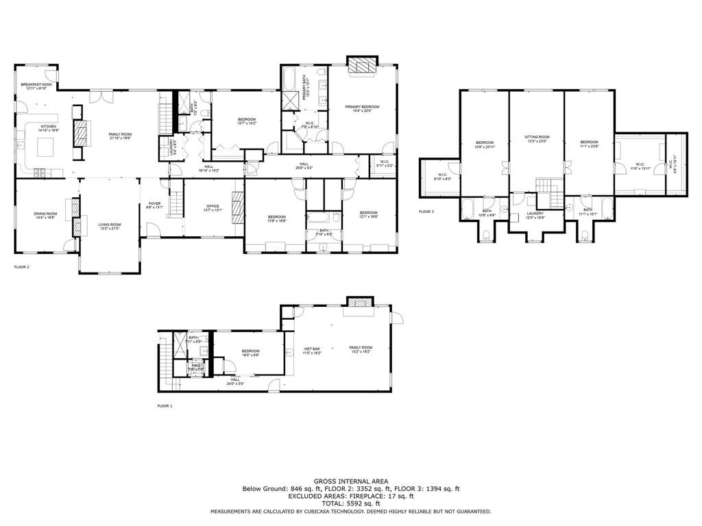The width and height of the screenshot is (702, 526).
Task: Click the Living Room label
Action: (x=110, y=226)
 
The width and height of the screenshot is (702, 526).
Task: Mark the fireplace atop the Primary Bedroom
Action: (x=361, y=65)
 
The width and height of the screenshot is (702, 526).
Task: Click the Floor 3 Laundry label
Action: (x=535, y=214)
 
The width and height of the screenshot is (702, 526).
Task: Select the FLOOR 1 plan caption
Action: (x=165, y=406)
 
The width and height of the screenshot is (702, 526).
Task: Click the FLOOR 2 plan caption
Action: (x=22, y=266)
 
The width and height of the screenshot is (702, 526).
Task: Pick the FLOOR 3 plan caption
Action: (x=427, y=212)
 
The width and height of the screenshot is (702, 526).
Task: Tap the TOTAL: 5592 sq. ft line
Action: (x=350, y=503)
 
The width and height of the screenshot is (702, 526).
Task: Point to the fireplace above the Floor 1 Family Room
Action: (x=359, y=302)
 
